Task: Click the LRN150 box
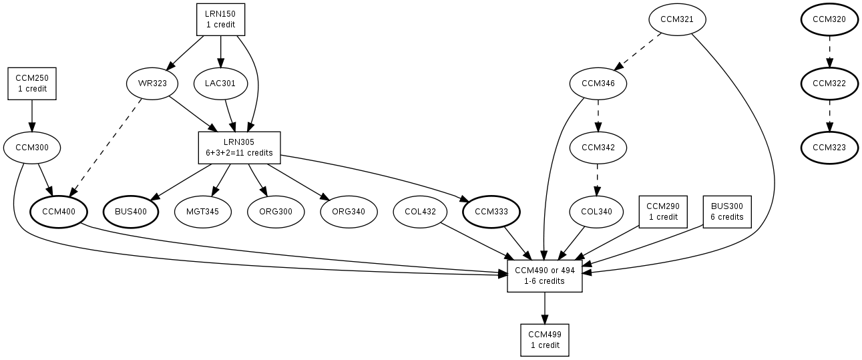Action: coord(220,19)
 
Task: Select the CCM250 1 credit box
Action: coord(32,83)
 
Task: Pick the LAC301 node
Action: coord(220,84)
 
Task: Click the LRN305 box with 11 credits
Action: coord(239,147)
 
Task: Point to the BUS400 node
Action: coord(132,212)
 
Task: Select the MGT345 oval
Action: coord(203,212)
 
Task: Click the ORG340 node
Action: coord(349,212)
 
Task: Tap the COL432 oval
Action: coord(420,212)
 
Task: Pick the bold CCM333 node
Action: coord(491,212)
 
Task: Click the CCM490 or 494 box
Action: coord(545,275)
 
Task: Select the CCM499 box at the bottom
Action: coord(545,340)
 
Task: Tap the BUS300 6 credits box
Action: coord(727,212)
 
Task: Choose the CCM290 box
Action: coord(663,212)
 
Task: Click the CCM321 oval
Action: coord(677,19)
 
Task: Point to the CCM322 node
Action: coord(829,84)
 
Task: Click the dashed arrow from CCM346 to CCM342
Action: coord(598,115)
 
